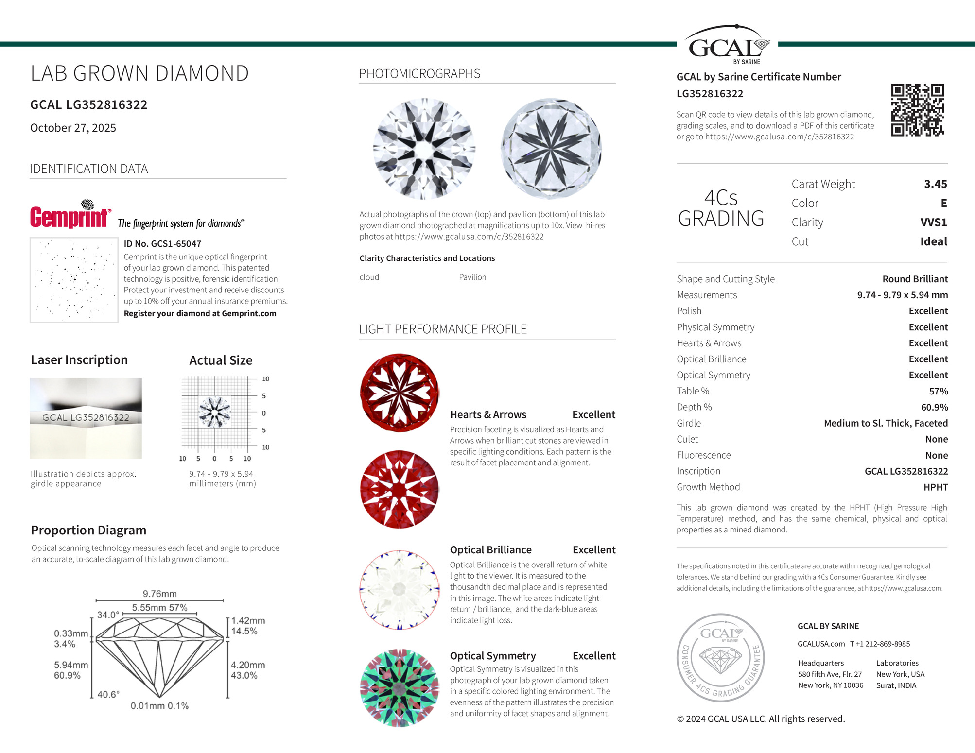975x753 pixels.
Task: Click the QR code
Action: (917, 110)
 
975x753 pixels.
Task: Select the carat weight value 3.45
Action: (935, 184)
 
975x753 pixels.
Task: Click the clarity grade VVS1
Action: (933, 222)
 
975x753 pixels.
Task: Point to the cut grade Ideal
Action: (933, 241)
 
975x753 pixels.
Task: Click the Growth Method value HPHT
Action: (935, 487)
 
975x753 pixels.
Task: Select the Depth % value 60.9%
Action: (934, 407)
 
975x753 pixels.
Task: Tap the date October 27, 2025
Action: (73, 128)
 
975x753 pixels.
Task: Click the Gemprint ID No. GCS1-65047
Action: (162, 244)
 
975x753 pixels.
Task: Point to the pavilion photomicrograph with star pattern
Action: (551, 149)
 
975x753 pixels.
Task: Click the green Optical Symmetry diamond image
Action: (400, 687)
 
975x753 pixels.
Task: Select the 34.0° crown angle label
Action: (107, 615)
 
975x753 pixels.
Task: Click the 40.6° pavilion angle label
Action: (108, 695)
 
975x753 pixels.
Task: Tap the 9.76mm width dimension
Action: (159, 594)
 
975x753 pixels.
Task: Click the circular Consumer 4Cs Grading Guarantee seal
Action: (720, 657)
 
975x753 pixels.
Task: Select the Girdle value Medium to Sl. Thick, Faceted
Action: (886, 423)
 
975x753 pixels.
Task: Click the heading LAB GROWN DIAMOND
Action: (139, 73)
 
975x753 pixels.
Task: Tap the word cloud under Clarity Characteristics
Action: (369, 277)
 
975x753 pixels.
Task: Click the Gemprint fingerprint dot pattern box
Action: (74, 280)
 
